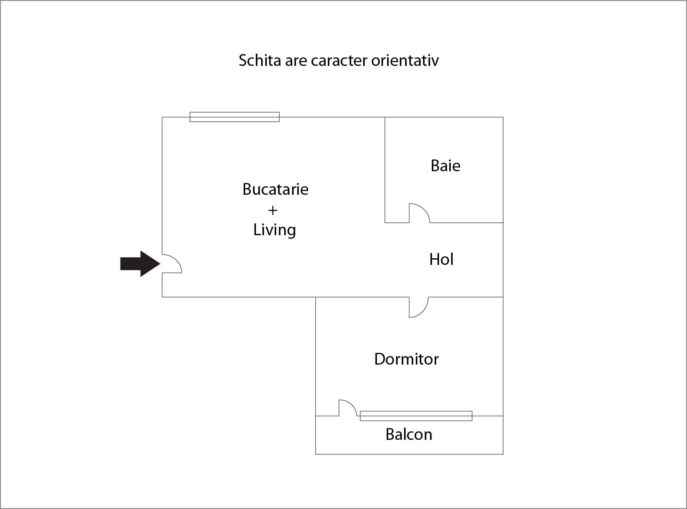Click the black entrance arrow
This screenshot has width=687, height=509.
140,263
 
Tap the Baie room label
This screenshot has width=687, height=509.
446,166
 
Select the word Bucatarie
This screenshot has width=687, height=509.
275,189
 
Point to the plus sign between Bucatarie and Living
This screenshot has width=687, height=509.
272,211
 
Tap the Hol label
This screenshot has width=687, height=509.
441,259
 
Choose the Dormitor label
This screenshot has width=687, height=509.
407,359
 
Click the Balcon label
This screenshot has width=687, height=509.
409,434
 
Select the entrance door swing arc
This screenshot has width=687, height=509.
172,263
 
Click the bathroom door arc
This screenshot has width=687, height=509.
419,213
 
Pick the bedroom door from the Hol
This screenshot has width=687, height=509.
419,307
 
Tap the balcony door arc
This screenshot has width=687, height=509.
348,408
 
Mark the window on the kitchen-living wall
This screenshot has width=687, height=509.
234,117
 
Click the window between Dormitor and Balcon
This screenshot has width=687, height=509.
416,416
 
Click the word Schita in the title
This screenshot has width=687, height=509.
260,60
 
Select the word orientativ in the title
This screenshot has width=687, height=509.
405,60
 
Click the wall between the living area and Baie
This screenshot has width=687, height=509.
385,170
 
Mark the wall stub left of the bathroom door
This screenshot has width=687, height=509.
397,223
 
